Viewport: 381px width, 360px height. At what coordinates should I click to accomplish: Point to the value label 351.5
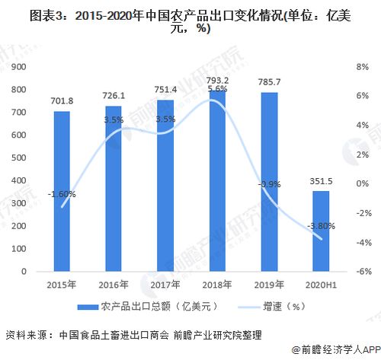coord(320,181)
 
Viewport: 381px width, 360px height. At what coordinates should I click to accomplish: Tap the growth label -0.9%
coord(267,184)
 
